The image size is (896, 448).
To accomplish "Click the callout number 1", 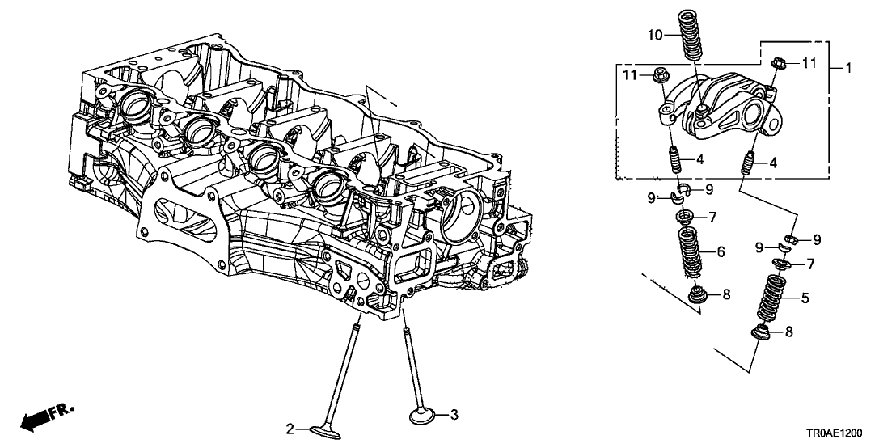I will pos(847,69).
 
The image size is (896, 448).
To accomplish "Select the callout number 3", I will pos(454,415).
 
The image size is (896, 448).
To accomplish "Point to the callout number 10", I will pos(655,35).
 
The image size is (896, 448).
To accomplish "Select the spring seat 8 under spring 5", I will pos(760,332).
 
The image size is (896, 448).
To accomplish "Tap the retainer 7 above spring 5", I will pos(781,264).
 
